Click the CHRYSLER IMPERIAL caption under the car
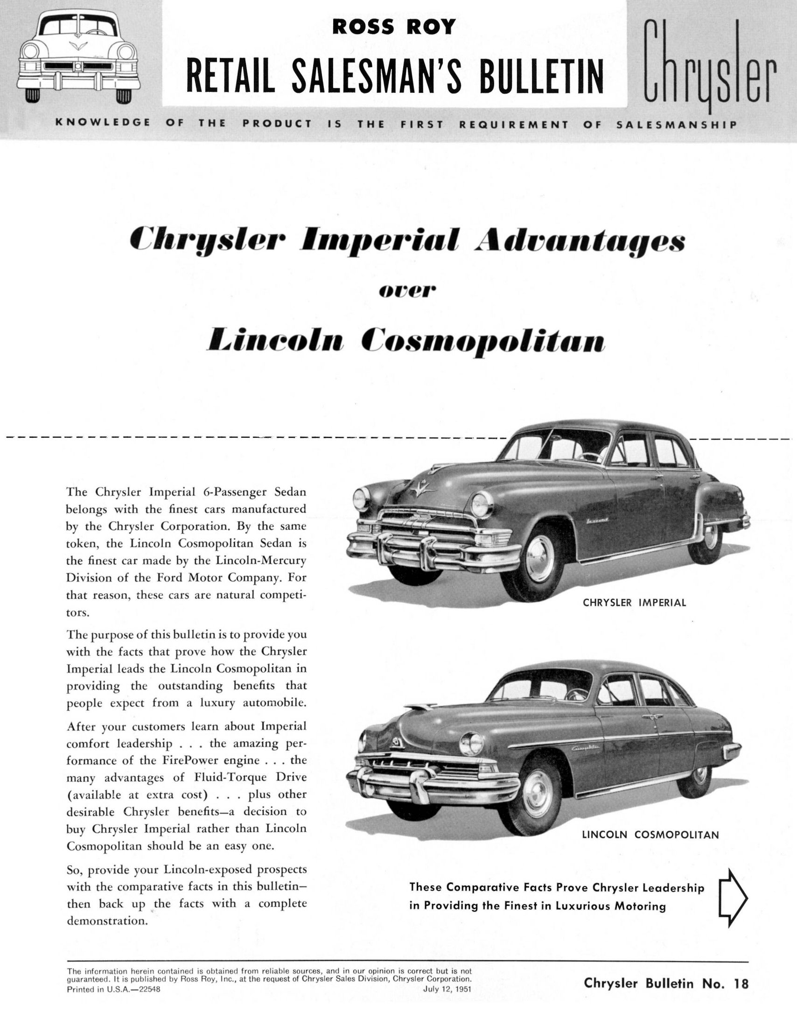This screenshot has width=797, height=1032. click(x=634, y=603)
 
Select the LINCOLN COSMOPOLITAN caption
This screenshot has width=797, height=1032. click(x=650, y=835)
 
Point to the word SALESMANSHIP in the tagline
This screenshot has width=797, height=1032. click(x=677, y=125)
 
